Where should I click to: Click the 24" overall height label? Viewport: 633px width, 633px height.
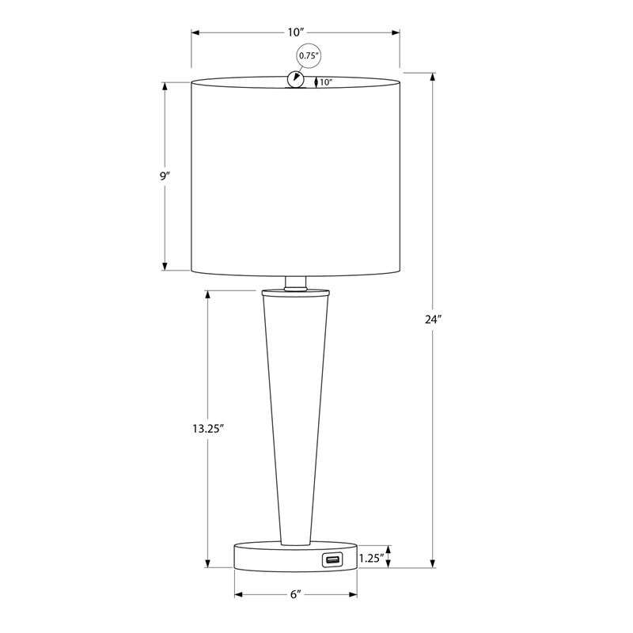click(433, 320)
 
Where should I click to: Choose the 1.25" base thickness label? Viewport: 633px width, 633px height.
click(371, 558)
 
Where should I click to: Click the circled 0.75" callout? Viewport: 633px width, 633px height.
click(308, 55)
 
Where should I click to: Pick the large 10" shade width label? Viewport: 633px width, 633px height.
click(296, 32)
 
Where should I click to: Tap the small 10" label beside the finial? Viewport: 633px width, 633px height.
click(325, 82)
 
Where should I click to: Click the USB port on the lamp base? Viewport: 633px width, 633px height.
click(331, 561)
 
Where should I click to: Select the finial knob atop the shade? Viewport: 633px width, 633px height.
click(296, 79)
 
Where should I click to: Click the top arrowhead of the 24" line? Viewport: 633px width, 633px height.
click(433, 77)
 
